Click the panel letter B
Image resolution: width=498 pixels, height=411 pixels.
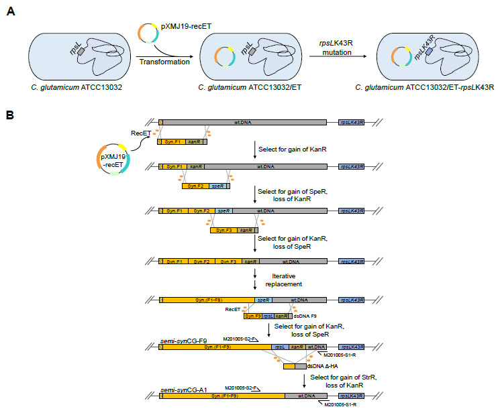click(11, 116)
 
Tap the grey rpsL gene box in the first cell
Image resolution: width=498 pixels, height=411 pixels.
click(81, 51)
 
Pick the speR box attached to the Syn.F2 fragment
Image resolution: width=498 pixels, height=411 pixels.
click(217, 186)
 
